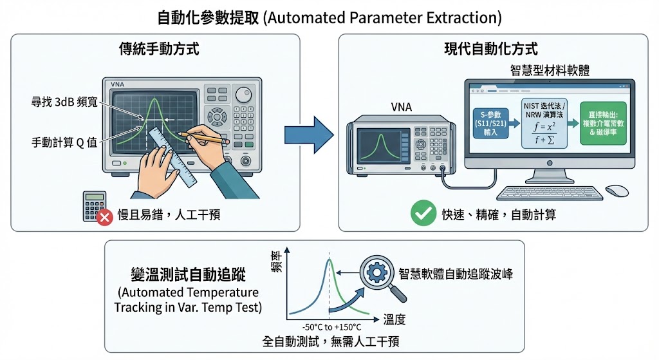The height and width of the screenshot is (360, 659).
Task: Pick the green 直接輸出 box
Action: click(x=602, y=122)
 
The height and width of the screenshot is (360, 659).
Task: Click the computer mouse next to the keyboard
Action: click(x=617, y=191)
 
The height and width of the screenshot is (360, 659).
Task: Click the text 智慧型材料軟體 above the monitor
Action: click(x=544, y=70)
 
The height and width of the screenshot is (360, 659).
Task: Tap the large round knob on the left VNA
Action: click(x=243, y=95)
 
